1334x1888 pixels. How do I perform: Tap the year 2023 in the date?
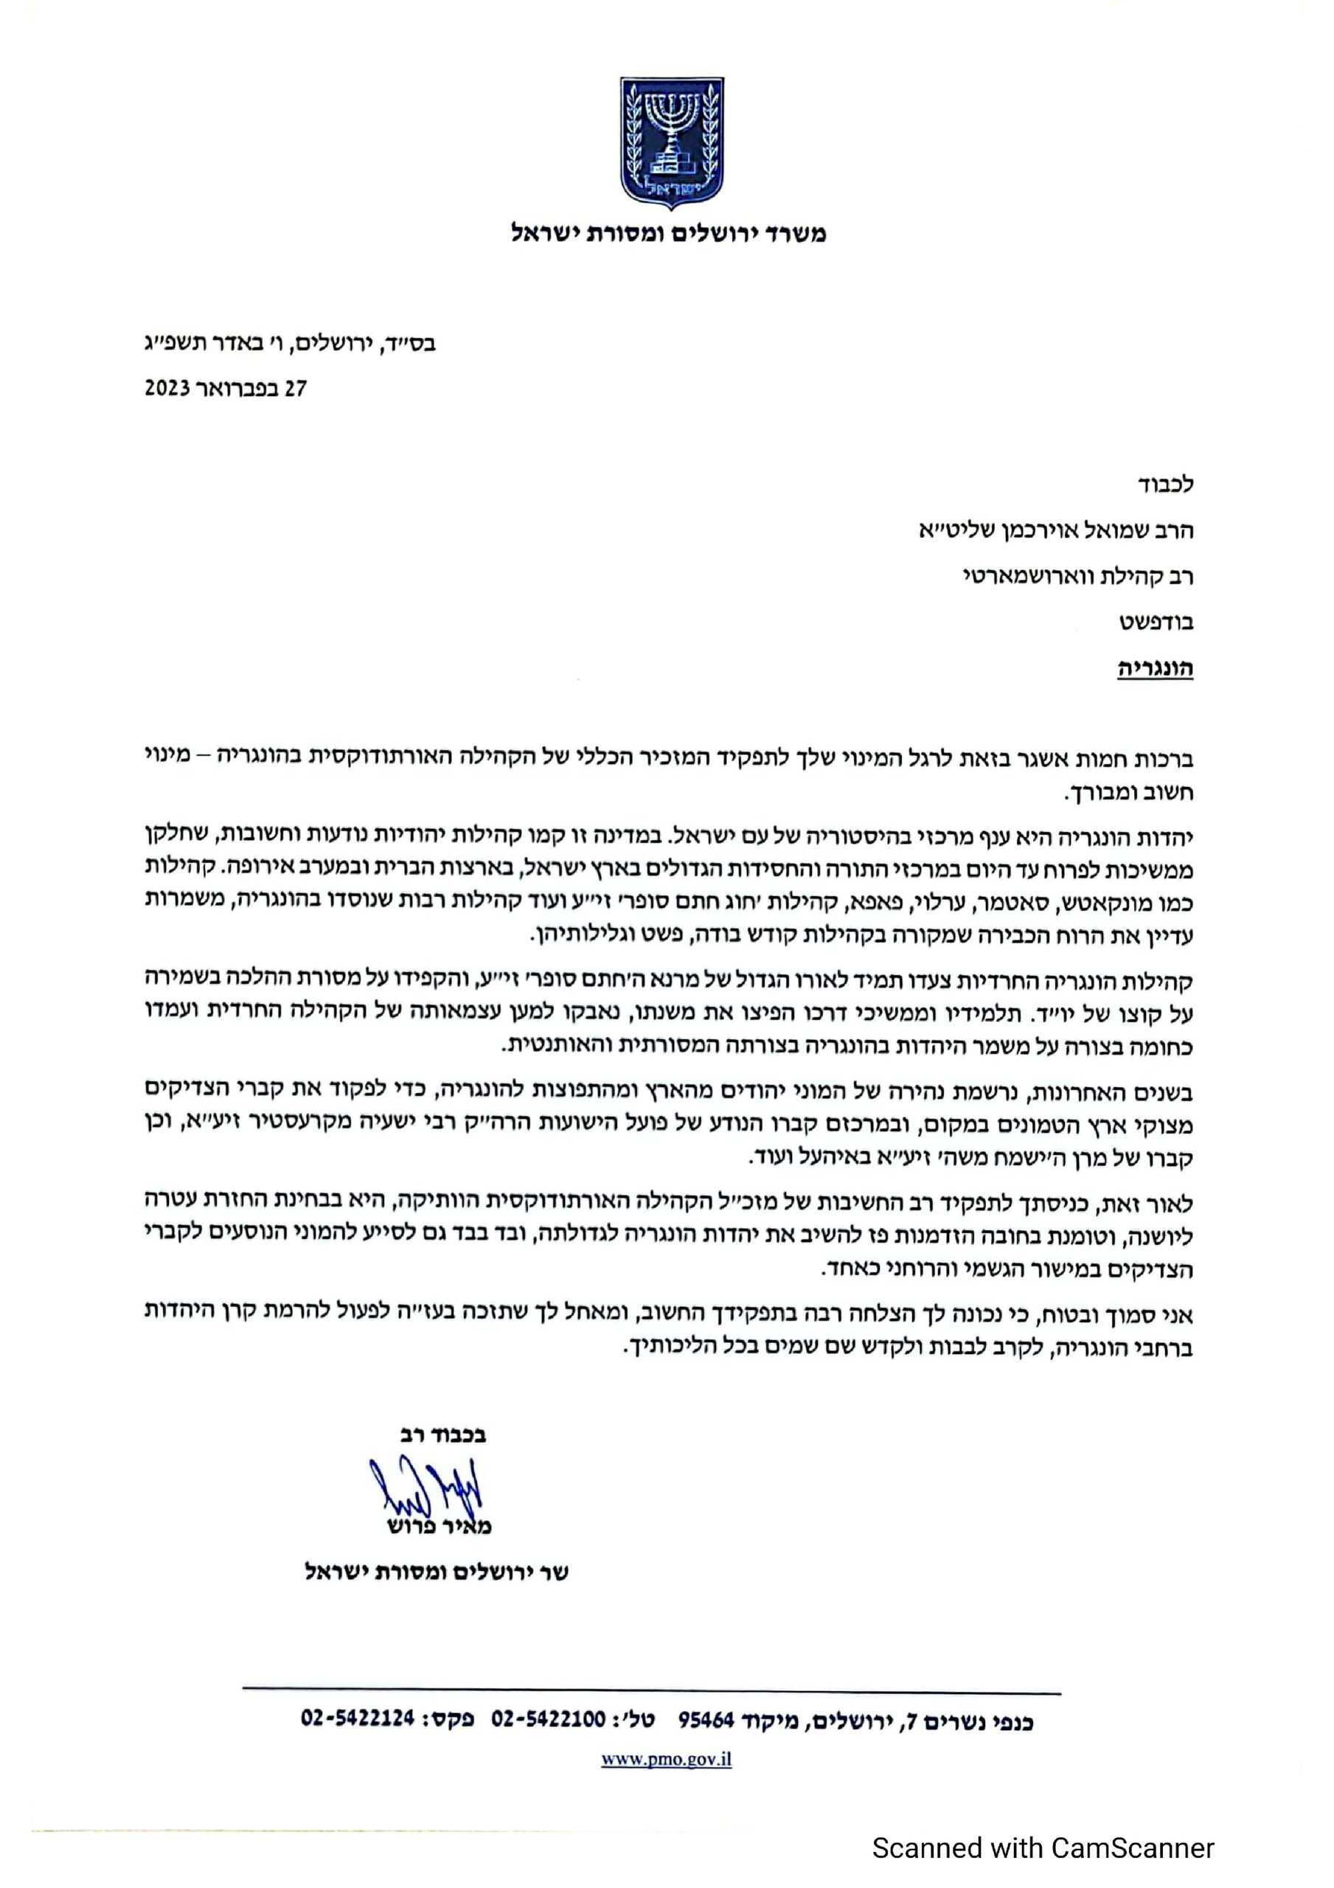click(x=169, y=388)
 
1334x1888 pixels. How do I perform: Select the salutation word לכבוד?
click(x=1166, y=485)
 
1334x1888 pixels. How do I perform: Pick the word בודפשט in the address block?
click(x=1155, y=622)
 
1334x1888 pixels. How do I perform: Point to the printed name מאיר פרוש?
click(x=440, y=1526)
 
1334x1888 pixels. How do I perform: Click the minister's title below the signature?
click(x=437, y=1572)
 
